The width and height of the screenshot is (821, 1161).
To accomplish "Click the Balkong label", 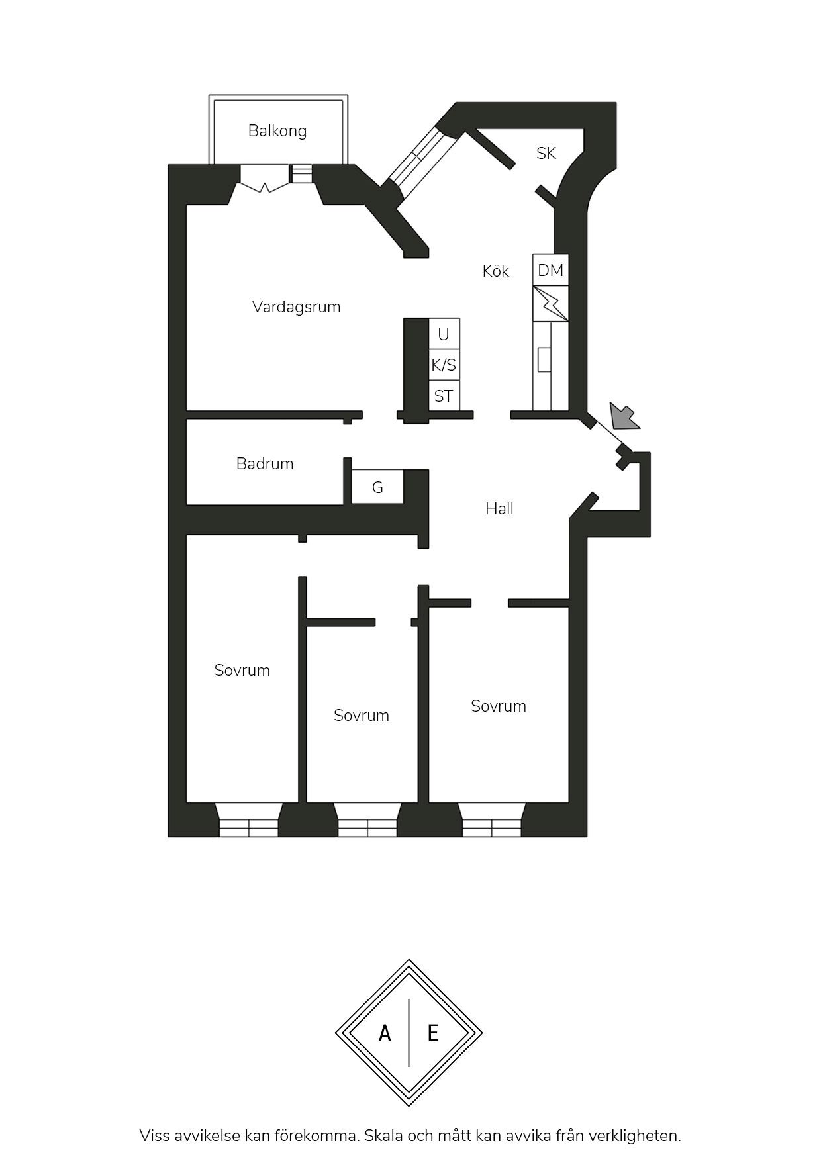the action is pos(277,131).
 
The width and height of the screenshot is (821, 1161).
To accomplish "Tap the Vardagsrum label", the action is pos(296,307).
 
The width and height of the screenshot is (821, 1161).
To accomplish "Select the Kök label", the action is pos(496,271).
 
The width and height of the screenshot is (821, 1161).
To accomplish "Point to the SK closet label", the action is pos(546,154).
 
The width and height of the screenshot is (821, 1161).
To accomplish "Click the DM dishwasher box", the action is pos(551,270).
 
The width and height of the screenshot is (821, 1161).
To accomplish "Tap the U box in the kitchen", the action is pos(444,334).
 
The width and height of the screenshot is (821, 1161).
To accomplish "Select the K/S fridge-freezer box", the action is pos(444,365).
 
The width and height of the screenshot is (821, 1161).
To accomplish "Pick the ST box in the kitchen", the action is pos(444,396).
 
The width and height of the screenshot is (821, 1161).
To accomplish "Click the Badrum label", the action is pos(265,464).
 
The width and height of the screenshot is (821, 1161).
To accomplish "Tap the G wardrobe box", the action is pos(377,487).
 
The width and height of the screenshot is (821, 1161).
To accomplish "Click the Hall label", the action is pos(499,508).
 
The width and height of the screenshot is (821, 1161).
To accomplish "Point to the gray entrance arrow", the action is pos(624,416).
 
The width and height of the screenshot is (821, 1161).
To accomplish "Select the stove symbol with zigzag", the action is pos(551,304).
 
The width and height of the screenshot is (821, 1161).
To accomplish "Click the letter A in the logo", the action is pos(385,1033).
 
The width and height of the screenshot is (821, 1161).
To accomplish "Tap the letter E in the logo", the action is pos(433,1033).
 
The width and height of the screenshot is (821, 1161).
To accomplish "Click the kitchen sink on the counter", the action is pos(544,359).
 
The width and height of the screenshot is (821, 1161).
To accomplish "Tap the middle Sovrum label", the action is pos(362,716).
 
